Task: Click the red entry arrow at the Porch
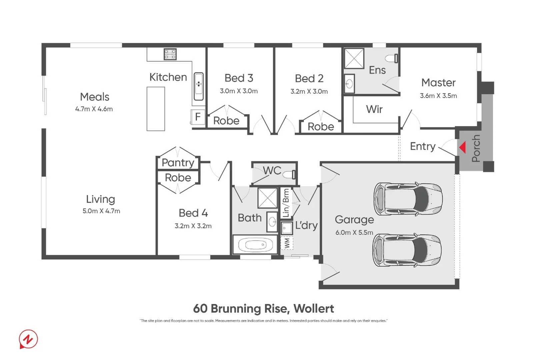click(x=463, y=147)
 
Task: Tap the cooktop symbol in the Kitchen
click(x=170, y=54)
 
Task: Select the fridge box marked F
click(x=198, y=117)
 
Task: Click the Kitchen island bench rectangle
click(x=156, y=109)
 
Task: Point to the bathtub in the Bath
click(x=255, y=245)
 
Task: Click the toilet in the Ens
click(x=392, y=59)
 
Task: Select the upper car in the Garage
click(x=408, y=199)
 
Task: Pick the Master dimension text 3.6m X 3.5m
click(x=438, y=96)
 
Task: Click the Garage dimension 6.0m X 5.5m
click(x=354, y=232)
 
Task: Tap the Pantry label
click(x=178, y=163)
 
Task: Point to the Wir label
click(x=374, y=109)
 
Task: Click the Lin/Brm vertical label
click(x=286, y=203)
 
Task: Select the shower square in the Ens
click(x=354, y=58)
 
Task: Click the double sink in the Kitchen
click(x=199, y=86)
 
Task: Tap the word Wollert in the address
click(x=314, y=309)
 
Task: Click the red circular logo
click(x=28, y=339)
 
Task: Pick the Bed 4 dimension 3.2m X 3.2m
click(x=193, y=226)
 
